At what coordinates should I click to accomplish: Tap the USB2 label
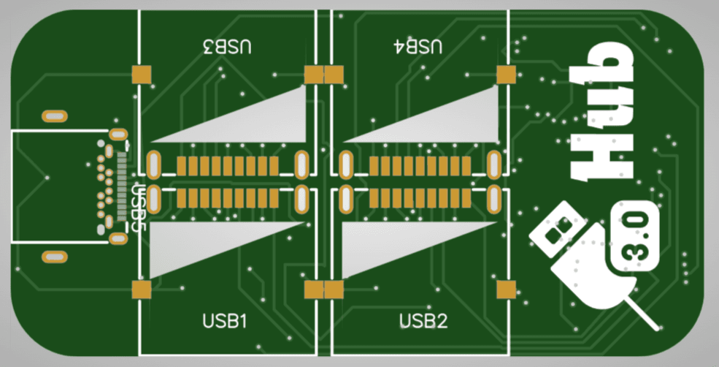click(x=423, y=320)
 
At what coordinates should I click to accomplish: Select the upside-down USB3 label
click(x=226, y=48)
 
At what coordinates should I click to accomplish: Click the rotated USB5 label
click(x=139, y=207)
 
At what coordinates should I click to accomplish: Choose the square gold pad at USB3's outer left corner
click(x=141, y=74)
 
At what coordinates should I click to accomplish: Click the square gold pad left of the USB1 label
click(x=141, y=290)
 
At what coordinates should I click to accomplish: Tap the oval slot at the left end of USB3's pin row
click(x=154, y=164)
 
